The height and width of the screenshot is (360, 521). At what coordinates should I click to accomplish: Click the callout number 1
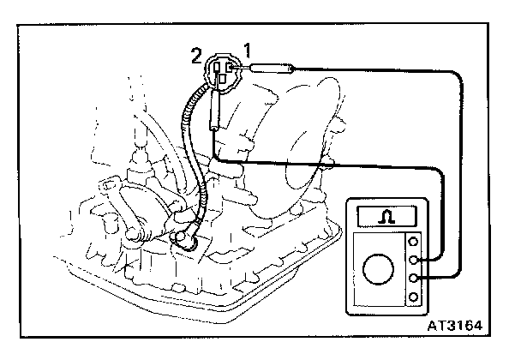pos(249,49)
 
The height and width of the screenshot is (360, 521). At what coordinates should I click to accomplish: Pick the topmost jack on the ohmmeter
pos(415,243)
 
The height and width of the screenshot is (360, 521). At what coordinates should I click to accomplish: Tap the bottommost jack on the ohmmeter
pos(415,297)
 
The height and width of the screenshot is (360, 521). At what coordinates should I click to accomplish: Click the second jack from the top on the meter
pos(415,261)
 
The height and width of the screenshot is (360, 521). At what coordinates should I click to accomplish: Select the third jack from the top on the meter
pos(415,279)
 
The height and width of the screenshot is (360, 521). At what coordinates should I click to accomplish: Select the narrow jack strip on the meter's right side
pos(415,270)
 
